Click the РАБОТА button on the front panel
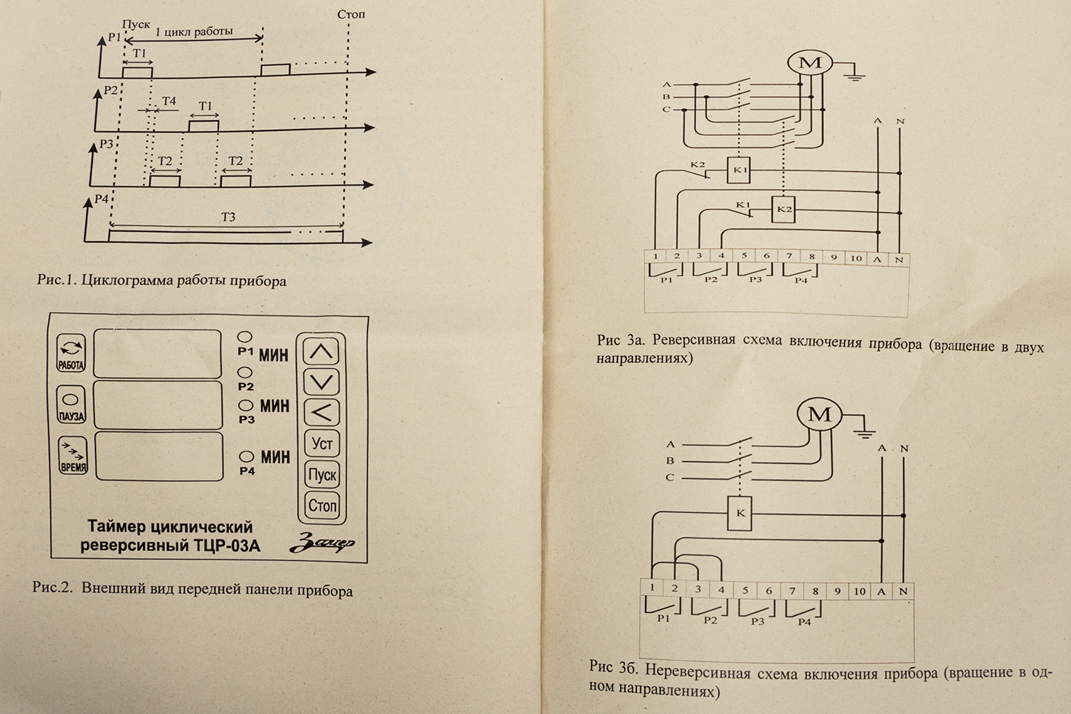click(71, 353)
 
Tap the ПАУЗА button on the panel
click(71, 405)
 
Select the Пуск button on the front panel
click(322, 475)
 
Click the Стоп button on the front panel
click(322, 505)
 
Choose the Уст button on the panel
click(322, 444)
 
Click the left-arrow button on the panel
click(322, 413)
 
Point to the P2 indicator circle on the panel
click(245, 373)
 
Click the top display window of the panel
click(157, 354)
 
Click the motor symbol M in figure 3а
click(810, 63)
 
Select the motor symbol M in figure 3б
click(819, 414)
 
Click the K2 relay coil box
click(783, 210)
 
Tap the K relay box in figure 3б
click(740, 513)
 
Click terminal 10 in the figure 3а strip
click(856, 258)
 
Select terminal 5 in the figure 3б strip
click(745, 591)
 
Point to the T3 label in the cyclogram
click(228, 217)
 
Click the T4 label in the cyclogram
click(169, 101)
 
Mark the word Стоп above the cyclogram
click(351, 14)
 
